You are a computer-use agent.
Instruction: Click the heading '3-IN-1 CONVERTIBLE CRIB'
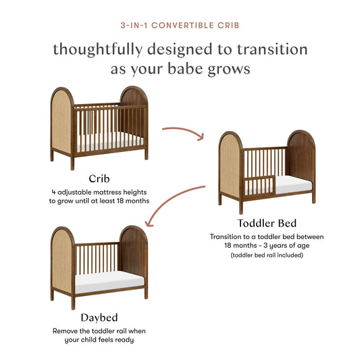(180, 24)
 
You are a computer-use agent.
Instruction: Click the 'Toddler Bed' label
(266, 222)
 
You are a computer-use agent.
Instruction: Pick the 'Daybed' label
(99, 317)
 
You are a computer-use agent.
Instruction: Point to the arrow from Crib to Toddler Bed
(183, 130)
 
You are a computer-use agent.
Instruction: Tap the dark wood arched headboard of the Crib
(135, 118)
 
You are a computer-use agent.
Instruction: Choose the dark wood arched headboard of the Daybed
(134, 257)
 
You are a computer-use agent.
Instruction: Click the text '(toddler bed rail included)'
(267, 256)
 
